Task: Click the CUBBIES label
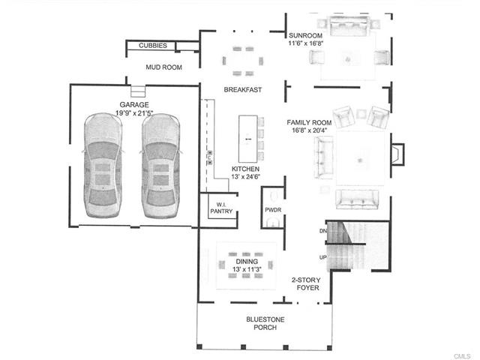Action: pos(153,46)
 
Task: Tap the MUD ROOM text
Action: pos(163,67)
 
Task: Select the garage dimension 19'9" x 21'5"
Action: pos(134,113)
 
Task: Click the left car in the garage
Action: pos(103,165)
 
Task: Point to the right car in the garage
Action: pos(160,166)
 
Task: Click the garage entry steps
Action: pos(138,91)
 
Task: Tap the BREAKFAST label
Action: pos(243,90)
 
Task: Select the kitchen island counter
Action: pos(248,139)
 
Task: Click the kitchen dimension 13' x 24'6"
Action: pos(245,177)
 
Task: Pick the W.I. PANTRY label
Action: pos(221,208)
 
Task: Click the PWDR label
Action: pos(273,210)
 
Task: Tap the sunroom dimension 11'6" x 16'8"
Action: pos(306,43)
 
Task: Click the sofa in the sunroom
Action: pos(349,25)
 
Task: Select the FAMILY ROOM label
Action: pos(309,122)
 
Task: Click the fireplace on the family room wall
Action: pos(397,154)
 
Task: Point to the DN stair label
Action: pos(323,231)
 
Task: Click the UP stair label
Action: pos(323,257)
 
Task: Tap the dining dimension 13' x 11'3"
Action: pos(247,269)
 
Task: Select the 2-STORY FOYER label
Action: pos(306,283)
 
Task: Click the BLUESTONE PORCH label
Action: pos(265,323)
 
